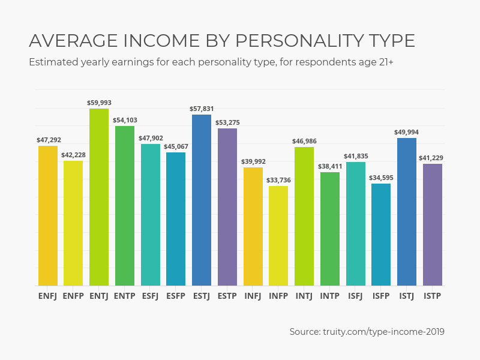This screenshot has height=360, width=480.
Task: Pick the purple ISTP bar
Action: tap(433, 224)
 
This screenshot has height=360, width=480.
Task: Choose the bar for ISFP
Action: tap(381, 235)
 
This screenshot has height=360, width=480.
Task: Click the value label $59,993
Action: tap(99, 103)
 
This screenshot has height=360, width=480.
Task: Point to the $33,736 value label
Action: tap(278, 180)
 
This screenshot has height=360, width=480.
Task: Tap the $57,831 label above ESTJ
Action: tap(202, 109)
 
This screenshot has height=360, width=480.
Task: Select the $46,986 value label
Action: tap(304, 142)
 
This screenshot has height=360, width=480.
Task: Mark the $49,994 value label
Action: tap(407, 133)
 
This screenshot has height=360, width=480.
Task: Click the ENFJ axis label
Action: tap(48, 295)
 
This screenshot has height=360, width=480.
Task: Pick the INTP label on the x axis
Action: tap(330, 295)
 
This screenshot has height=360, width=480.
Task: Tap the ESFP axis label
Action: tap(176, 295)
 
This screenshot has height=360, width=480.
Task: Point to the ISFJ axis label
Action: tap(355, 295)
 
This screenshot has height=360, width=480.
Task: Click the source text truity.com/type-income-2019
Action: tap(385, 331)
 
